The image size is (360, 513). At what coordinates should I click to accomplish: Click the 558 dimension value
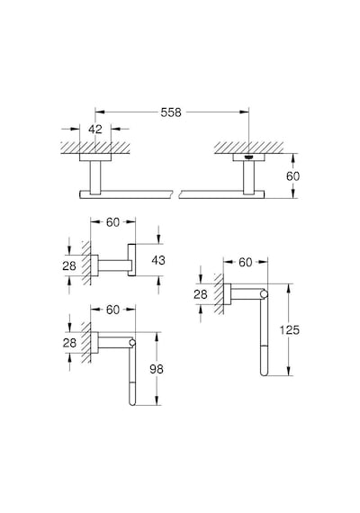pyautogui.click(x=171, y=112)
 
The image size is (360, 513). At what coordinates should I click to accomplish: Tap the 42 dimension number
pyautogui.click(x=95, y=130)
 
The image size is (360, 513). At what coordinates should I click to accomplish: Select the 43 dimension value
pyautogui.click(x=158, y=260)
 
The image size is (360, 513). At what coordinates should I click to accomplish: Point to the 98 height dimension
pyautogui.click(x=157, y=369)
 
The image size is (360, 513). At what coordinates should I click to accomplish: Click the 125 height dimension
pyautogui.click(x=289, y=330)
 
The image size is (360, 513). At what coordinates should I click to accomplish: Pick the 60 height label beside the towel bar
pyautogui.click(x=292, y=176)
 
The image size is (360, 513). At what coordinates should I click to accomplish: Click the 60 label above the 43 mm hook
pyautogui.click(x=112, y=222)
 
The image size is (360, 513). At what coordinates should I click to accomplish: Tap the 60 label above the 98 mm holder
pyautogui.click(x=112, y=310)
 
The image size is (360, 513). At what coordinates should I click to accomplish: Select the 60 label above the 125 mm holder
pyautogui.click(x=246, y=262)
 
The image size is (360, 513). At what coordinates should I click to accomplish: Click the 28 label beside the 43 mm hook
pyautogui.click(x=69, y=266)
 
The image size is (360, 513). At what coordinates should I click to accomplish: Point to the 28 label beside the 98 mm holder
pyautogui.click(x=69, y=343)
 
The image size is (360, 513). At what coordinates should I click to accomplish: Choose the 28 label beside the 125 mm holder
pyautogui.click(x=201, y=295)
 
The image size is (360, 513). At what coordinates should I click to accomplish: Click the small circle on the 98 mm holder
pyautogui.click(x=132, y=343)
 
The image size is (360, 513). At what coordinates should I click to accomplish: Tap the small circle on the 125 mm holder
pyautogui.click(x=264, y=295)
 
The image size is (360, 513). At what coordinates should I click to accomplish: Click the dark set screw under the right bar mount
pyautogui.click(x=248, y=157)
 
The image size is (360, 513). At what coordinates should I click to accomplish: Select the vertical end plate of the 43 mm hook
pyautogui.click(x=131, y=260)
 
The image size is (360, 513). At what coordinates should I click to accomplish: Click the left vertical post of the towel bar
pyautogui.click(x=95, y=177)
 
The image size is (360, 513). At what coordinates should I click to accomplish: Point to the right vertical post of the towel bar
pyautogui.click(x=248, y=177)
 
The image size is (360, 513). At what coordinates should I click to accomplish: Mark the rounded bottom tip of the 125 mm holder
pyautogui.click(x=264, y=373)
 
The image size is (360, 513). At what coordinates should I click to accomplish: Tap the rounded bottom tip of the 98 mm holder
pyautogui.click(x=132, y=403)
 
